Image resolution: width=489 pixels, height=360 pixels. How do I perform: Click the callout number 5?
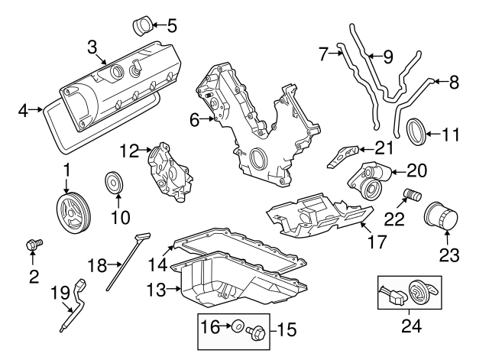coord(171,25)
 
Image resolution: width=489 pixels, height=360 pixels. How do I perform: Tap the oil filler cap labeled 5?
coord(141,24)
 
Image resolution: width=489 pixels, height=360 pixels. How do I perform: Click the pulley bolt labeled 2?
coord(32,245)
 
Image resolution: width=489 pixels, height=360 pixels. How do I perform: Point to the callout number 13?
coord(156,290)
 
